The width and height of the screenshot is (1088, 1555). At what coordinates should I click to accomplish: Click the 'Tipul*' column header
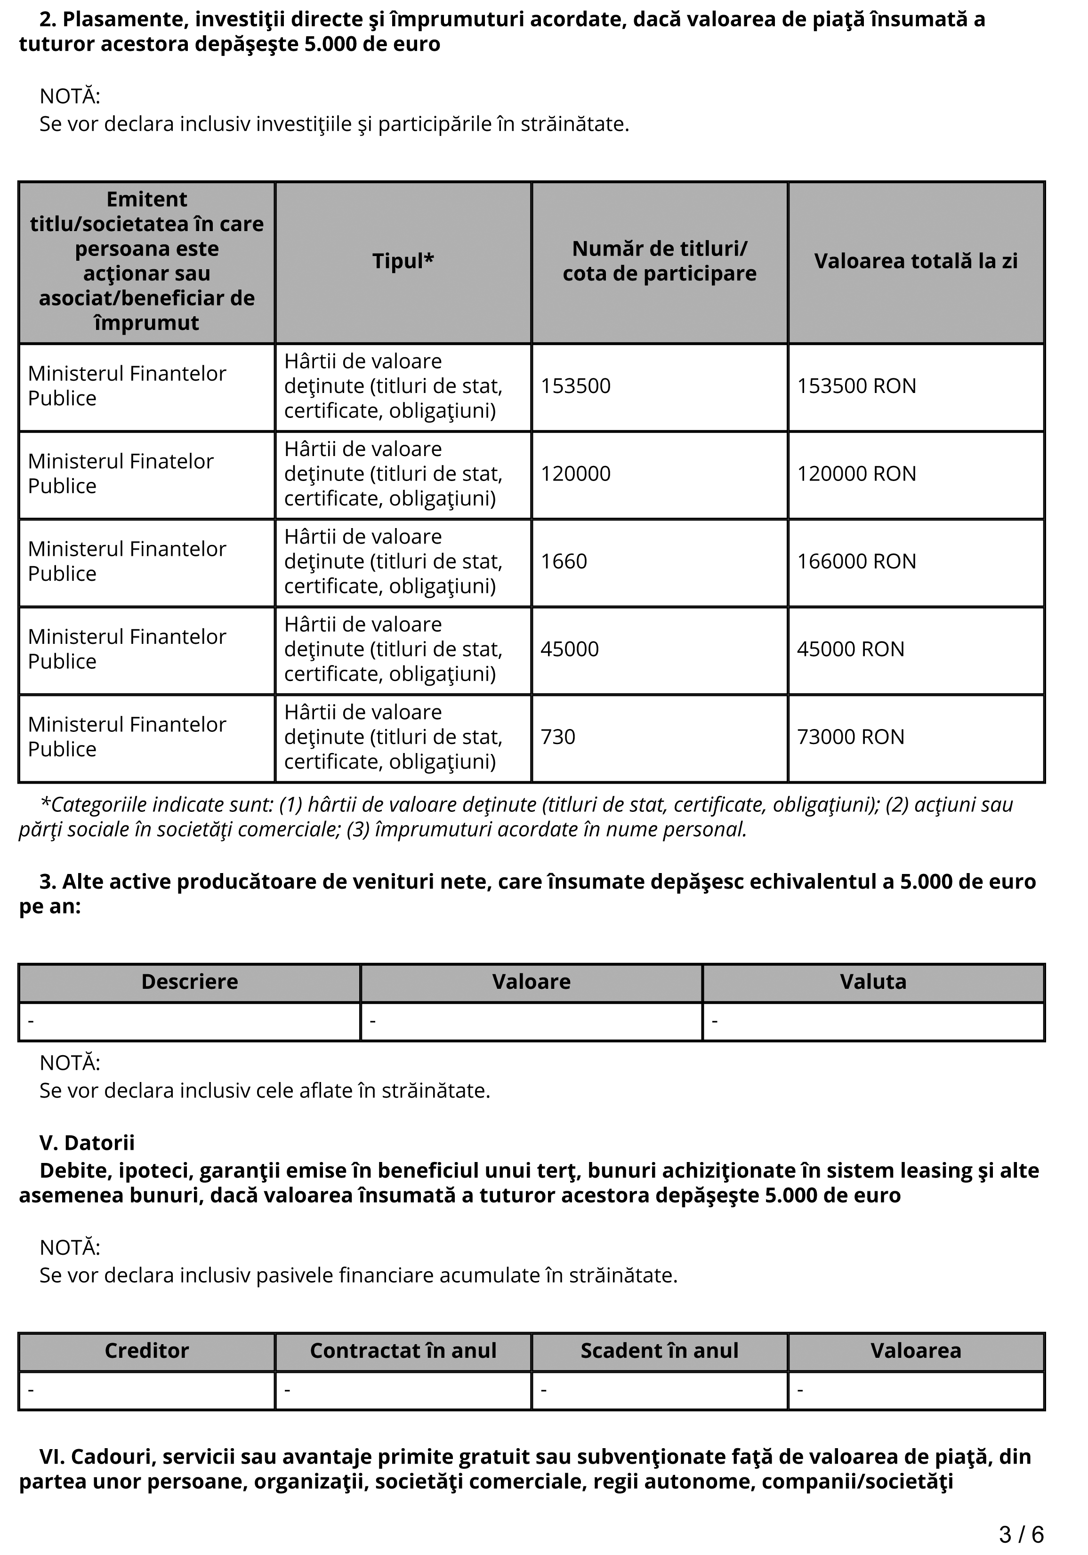[403, 261]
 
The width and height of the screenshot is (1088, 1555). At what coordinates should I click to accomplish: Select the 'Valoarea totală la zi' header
[915, 261]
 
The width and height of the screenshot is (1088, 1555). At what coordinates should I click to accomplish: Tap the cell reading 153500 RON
[856, 386]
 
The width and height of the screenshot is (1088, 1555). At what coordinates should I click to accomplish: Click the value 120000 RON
[856, 473]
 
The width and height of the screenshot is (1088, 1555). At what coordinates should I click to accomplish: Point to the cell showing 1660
[564, 561]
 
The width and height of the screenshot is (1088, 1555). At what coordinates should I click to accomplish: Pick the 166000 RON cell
[856, 561]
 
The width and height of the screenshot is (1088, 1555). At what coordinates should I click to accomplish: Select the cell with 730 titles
[557, 737]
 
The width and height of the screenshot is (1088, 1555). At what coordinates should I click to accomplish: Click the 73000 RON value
[850, 737]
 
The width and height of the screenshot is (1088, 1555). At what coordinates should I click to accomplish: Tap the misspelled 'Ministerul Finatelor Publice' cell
[121, 473]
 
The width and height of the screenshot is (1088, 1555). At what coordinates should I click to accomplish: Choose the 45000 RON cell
[850, 649]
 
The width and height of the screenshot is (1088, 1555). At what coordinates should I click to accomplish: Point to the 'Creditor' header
[146, 1350]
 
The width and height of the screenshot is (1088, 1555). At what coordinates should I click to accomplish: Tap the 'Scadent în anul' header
[659, 1350]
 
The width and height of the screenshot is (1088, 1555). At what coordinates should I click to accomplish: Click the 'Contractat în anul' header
[403, 1350]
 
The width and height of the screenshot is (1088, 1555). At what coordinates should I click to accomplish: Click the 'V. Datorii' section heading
[87, 1143]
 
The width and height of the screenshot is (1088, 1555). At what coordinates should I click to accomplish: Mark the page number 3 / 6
[1021, 1534]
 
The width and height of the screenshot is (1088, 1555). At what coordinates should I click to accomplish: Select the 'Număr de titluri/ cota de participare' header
[659, 261]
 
